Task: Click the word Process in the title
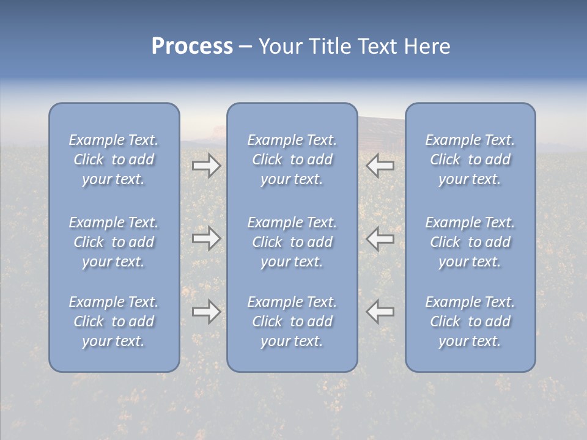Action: click(x=192, y=46)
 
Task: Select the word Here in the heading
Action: click(x=427, y=46)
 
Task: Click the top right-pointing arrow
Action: click(x=206, y=166)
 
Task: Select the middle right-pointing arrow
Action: click(x=206, y=238)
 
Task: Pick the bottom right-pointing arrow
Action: click(x=206, y=312)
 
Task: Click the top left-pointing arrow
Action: click(x=380, y=166)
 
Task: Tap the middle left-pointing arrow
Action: click(x=380, y=238)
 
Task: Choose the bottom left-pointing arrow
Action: click(x=380, y=312)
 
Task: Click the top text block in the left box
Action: click(x=114, y=159)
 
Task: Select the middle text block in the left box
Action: click(x=114, y=242)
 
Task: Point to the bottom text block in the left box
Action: click(x=114, y=321)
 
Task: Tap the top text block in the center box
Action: click(x=292, y=159)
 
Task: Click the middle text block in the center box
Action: click(x=292, y=242)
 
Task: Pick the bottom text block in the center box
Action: click(x=292, y=321)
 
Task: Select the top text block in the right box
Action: click(x=470, y=159)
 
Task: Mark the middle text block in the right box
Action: click(x=470, y=242)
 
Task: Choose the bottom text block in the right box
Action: click(x=470, y=321)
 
